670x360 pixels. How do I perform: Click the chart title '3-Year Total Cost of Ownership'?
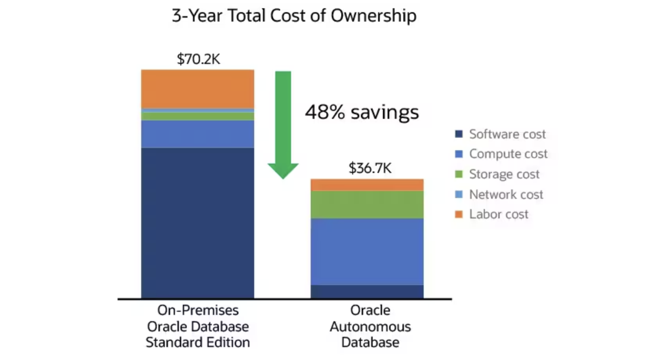point(294,16)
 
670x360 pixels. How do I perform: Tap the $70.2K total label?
point(198,59)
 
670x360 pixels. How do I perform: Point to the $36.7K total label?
point(370,168)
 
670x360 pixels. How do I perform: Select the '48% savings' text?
point(362,112)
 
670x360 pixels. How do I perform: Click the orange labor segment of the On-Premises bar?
point(198,89)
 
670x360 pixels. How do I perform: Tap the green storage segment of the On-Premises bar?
point(198,116)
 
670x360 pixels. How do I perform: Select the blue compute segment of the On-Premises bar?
point(198,134)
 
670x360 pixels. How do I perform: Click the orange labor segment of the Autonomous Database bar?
point(367,185)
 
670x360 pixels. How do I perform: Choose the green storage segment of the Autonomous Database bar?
point(367,204)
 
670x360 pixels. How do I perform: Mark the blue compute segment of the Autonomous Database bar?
point(367,251)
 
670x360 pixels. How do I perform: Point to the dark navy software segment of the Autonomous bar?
point(367,291)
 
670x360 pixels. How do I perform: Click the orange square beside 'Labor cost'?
point(459,214)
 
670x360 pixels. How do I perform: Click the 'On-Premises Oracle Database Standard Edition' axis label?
point(198,326)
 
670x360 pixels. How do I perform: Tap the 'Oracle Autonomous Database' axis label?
point(370,326)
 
